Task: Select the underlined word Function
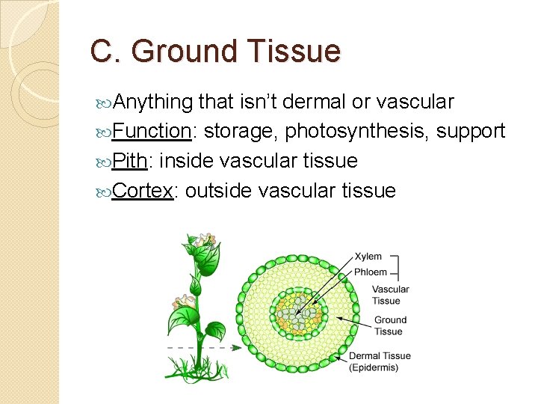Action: click(x=152, y=131)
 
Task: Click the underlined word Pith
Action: click(x=132, y=161)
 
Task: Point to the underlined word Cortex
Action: click(x=144, y=191)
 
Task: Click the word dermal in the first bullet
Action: click(x=316, y=102)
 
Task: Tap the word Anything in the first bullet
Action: click(x=154, y=102)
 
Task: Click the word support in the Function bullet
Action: click(x=471, y=132)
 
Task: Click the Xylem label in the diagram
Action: click(x=368, y=257)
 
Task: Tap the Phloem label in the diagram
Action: click(x=370, y=272)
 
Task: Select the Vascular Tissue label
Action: click(x=390, y=295)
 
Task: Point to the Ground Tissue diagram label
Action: click(x=390, y=325)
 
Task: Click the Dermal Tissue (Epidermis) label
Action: click(x=380, y=361)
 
